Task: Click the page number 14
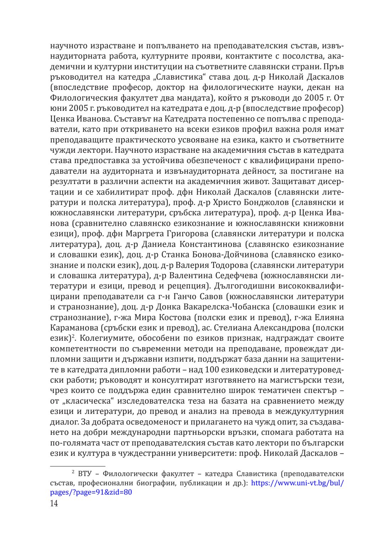tap(54, 503)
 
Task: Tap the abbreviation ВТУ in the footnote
tap(84, 474)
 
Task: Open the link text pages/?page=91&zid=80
tap(91, 492)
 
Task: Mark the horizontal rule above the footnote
tap(78, 466)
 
